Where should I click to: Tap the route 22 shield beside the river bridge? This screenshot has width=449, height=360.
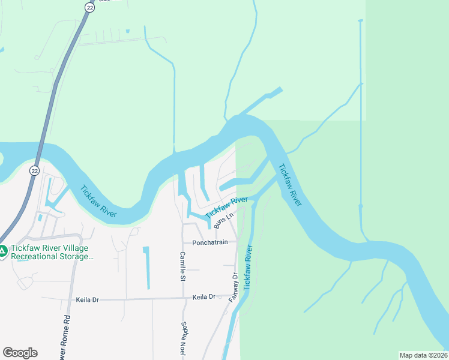point(35,170)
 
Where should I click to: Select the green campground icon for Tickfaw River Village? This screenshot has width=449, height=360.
point(4,251)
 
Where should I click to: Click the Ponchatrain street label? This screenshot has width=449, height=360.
point(210,243)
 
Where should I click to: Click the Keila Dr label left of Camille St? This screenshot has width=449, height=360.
point(88,299)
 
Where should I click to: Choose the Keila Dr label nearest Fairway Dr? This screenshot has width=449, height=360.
point(203,297)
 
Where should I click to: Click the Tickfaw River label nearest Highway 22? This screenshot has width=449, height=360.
point(98,200)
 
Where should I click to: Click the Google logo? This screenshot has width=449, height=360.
point(20,353)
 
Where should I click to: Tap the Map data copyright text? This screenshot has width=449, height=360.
point(423,355)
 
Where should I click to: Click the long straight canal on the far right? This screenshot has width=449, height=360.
point(361,120)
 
